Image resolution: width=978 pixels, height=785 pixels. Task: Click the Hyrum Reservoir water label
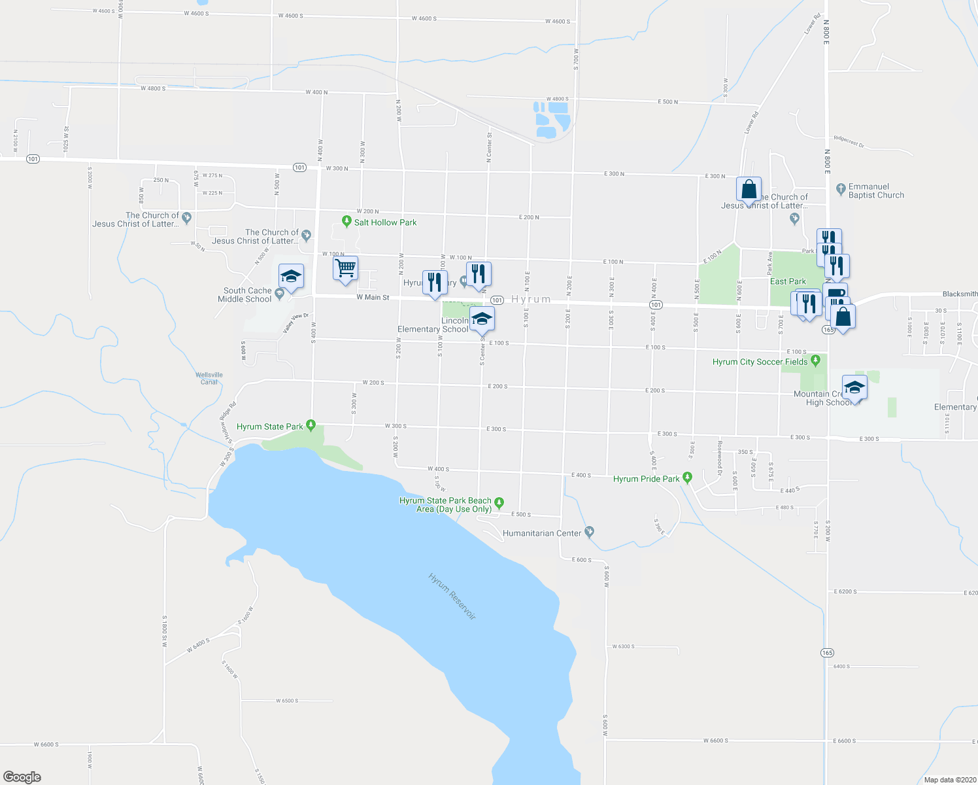tap(452, 597)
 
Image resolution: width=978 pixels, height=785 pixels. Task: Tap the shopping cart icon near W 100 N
tap(345, 268)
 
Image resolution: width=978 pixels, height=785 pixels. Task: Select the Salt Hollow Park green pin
tap(347, 222)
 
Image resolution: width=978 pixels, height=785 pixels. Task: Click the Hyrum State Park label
tap(270, 427)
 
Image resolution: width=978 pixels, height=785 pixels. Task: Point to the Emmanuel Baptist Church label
tap(876, 191)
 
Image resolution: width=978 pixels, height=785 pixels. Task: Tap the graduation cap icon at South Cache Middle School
tap(291, 277)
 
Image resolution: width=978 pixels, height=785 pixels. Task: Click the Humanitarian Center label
tap(542, 533)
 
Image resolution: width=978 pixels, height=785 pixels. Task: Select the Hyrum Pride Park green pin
tap(687, 478)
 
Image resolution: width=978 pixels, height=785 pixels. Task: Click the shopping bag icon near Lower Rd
tap(749, 190)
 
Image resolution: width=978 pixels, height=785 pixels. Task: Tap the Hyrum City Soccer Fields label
tap(760, 362)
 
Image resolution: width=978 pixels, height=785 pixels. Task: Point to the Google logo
tap(22, 776)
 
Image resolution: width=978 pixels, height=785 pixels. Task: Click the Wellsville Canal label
tap(209, 378)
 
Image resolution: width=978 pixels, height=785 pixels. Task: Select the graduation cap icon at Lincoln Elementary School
tap(482, 320)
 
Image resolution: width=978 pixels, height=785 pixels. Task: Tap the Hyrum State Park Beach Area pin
tap(499, 503)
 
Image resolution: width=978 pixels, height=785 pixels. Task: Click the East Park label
tap(788, 281)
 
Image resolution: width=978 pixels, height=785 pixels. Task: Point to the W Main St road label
tap(373, 298)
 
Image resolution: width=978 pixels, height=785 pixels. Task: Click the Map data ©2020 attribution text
tap(948, 779)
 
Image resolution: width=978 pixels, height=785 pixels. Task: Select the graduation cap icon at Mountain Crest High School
tap(854, 389)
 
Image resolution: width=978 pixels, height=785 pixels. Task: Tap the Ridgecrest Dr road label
tap(849, 141)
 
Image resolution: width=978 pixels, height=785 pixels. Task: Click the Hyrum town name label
tap(531, 299)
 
